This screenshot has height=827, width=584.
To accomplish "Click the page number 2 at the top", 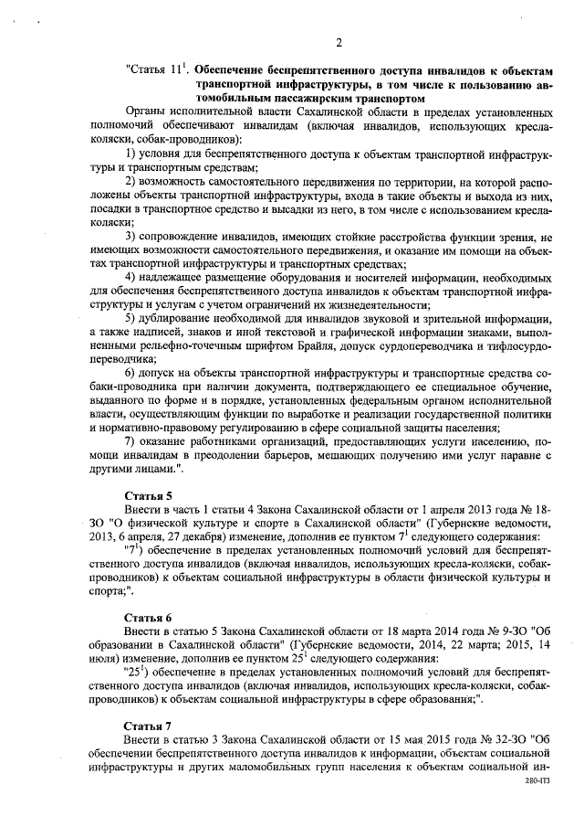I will [x=338, y=42].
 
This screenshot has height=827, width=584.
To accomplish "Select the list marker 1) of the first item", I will [x=131, y=154].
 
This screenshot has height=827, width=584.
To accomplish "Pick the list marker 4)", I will [x=131, y=277].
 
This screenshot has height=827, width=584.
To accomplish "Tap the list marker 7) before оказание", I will [x=131, y=442].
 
